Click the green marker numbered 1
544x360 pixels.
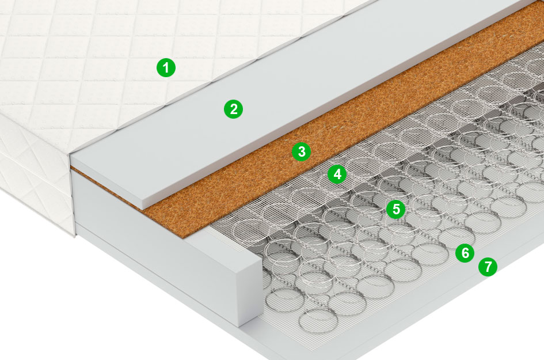[x=166, y=67]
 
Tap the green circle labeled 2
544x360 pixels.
[x=233, y=109]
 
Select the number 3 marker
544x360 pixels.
[x=302, y=151]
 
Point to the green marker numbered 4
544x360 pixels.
[x=337, y=174]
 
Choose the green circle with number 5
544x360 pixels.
[x=396, y=209]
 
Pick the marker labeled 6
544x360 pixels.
[x=465, y=253]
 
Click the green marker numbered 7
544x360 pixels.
[x=488, y=267]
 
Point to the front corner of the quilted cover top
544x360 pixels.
[x=71, y=153]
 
